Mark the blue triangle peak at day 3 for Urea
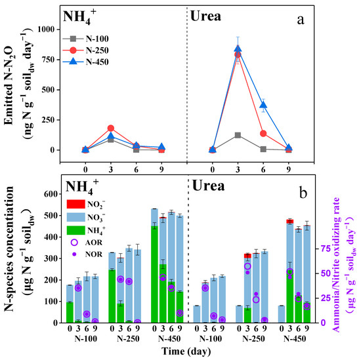coord(238,49)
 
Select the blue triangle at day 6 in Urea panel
coord(263,106)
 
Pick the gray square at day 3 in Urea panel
coord(238,135)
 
